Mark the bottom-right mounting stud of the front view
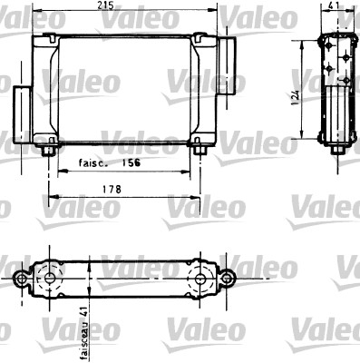(x=199, y=151)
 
